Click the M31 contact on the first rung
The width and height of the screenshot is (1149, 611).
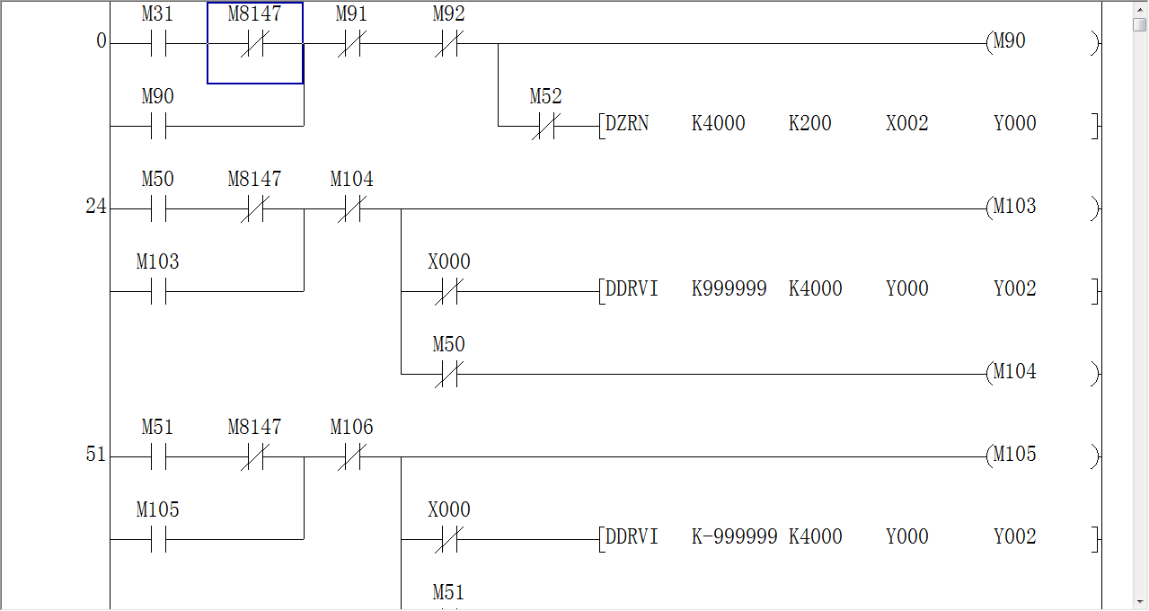coord(158,43)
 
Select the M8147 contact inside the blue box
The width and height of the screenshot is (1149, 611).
coord(254,43)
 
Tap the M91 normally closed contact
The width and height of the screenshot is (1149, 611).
coord(351,43)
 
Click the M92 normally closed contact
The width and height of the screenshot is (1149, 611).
coord(448,43)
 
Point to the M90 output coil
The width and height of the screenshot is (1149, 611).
coord(1010,41)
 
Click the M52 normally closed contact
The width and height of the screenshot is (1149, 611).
coord(545,126)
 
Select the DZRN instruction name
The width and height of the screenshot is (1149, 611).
coord(627,124)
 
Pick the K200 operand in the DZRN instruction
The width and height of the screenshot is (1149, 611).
coord(809,124)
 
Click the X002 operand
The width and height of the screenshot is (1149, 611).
coord(906,124)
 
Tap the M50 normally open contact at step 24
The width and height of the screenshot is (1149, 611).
coord(158,208)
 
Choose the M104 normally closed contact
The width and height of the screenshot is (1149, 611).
coord(351,208)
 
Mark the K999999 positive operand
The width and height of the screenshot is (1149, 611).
coord(729,289)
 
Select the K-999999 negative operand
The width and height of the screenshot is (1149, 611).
coord(732,537)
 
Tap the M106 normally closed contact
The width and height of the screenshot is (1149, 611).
coord(351,456)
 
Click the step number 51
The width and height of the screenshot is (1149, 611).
coord(95,455)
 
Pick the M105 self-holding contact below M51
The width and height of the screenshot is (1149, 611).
coord(158,539)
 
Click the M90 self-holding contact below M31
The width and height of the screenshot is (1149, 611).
coord(158,126)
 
